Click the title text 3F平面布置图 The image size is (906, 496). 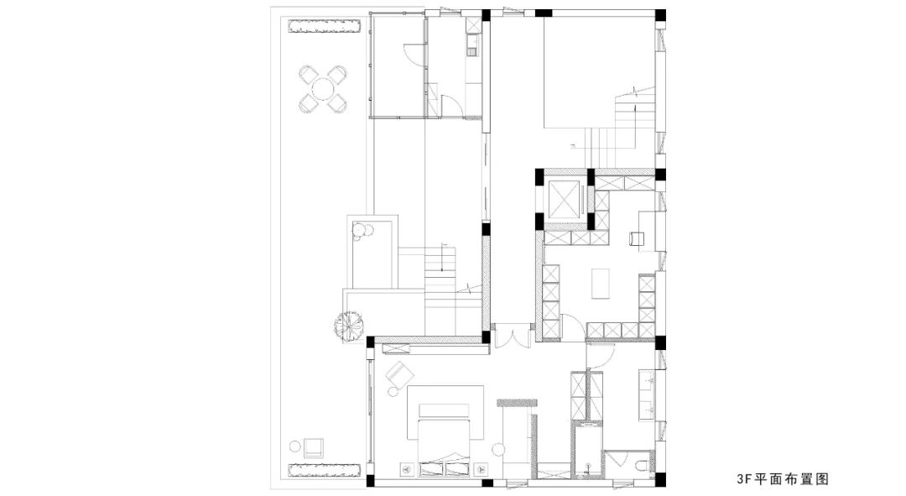pos(783,478)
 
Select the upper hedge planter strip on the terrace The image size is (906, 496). pos(325,27)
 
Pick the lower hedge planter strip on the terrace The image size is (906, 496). pos(325,469)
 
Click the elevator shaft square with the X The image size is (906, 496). pos(564,200)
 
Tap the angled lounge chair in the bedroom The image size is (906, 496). pos(398,373)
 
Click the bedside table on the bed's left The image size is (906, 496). pos(406,469)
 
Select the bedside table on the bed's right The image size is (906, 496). pos(479,469)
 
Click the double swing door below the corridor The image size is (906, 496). pos(512,339)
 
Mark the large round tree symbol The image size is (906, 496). pos(348,326)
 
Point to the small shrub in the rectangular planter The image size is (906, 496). pos(362,229)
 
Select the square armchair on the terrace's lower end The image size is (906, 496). pos(313,448)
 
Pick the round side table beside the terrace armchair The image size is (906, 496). pos(294,446)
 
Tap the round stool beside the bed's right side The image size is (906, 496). pos(497,449)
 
